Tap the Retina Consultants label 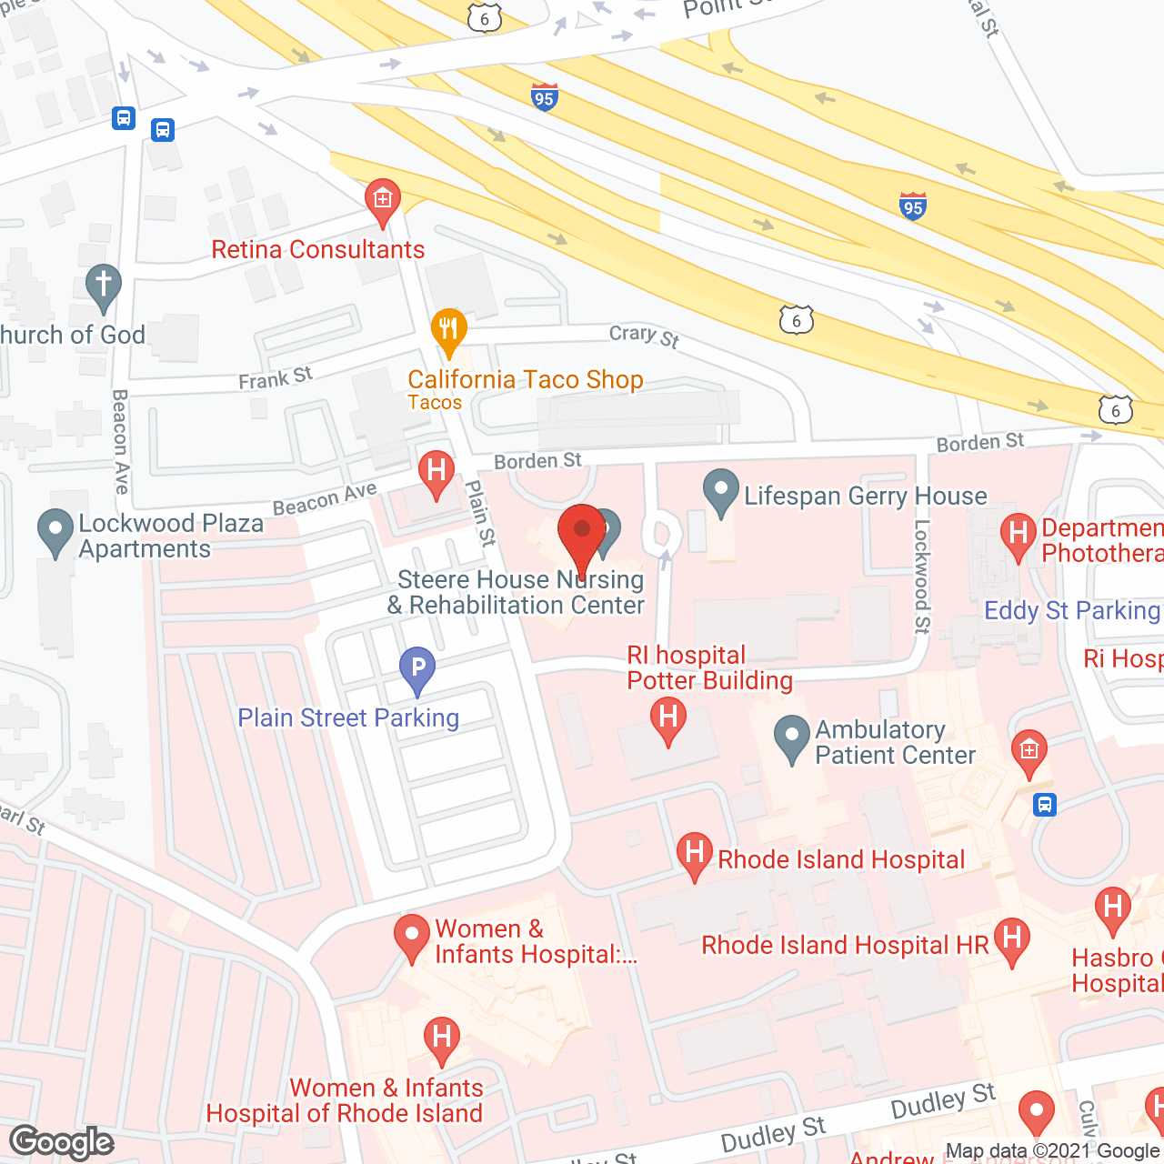318,250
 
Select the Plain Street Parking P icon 417,669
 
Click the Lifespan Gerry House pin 721,492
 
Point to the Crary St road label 644,336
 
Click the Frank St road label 276,377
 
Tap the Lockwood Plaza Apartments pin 55,531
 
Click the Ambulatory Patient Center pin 792,738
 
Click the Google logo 62,1142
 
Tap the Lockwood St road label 922,576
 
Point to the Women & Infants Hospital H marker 441,1039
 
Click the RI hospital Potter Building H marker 668,718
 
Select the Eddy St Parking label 1072,610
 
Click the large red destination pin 581,536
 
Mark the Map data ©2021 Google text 1052,1151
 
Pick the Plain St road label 480,514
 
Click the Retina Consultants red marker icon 383,201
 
